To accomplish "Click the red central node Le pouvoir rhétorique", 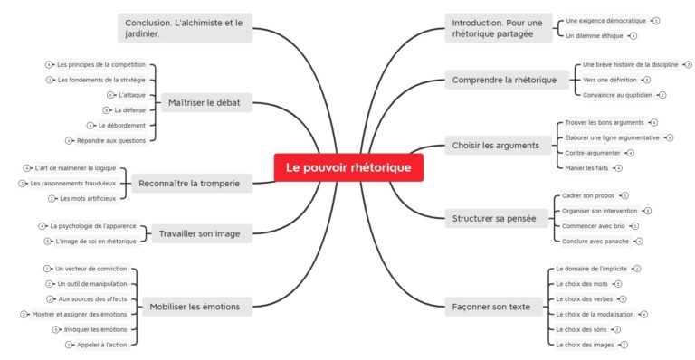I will [348, 167].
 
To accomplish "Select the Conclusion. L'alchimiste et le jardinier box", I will [185, 28].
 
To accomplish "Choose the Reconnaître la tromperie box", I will [190, 184].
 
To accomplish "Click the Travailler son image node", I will [199, 233].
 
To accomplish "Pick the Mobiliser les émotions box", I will [195, 307].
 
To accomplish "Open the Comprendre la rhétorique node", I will [504, 80].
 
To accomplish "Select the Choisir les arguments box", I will [495, 145].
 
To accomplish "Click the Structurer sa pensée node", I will [493, 218].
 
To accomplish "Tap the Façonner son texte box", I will [490, 307].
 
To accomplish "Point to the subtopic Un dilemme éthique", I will [594, 35].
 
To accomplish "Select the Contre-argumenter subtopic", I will [593, 153].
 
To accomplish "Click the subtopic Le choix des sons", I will [582, 329].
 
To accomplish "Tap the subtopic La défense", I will [129, 109].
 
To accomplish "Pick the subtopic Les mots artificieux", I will [88, 198].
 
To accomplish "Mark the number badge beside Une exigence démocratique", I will [656, 20].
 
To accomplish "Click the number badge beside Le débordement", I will [90, 125].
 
